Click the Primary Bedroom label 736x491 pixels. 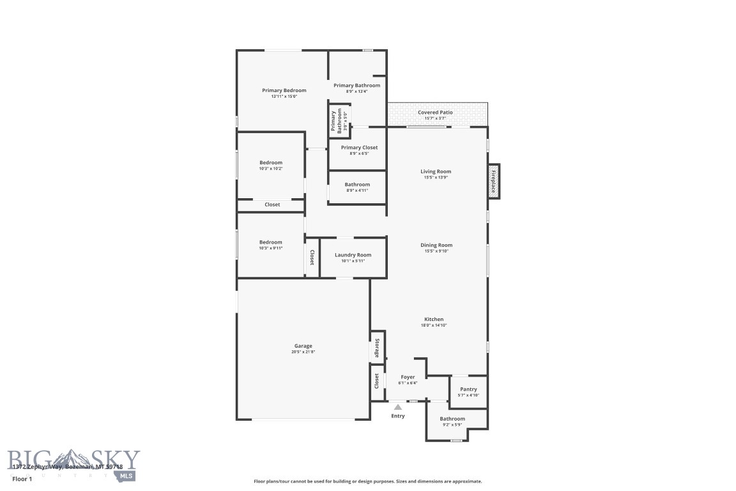[x=284, y=91]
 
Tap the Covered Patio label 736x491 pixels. [x=435, y=113]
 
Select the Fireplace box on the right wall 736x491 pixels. [x=494, y=181]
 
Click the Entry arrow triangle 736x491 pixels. [x=398, y=407]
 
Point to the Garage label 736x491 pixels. [x=303, y=346]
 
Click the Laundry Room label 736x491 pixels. [x=353, y=255]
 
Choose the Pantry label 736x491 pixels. [x=468, y=389]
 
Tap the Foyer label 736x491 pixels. [x=408, y=377]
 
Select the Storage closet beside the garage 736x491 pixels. [x=377, y=348]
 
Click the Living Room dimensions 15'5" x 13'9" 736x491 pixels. [x=435, y=177]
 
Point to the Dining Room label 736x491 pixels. [x=436, y=245]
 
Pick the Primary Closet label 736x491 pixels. [x=359, y=148]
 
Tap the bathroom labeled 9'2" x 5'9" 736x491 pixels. [x=452, y=422]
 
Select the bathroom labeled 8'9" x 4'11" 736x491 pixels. [x=357, y=187]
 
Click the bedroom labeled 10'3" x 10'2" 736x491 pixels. [x=270, y=165]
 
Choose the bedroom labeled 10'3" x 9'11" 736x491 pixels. [x=270, y=245]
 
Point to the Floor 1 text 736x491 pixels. [x=21, y=478]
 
